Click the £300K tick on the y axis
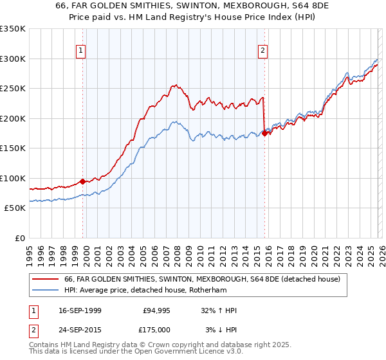(x=13, y=59)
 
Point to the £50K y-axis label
(x=15, y=208)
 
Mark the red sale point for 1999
(x=83, y=181)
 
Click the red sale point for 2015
(x=264, y=133)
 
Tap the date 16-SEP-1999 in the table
(x=80, y=310)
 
